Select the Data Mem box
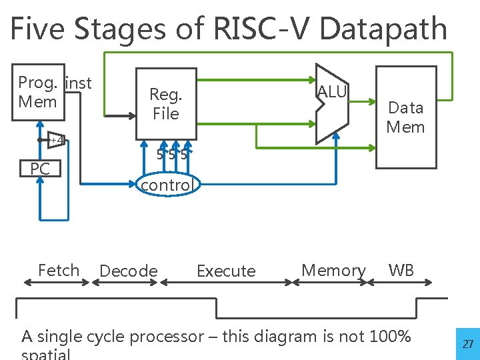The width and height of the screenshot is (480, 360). (406, 117)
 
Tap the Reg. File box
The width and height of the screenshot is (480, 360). (166, 104)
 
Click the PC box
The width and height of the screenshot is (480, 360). (40, 169)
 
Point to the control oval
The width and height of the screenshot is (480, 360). (166, 185)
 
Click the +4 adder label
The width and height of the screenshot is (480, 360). (58, 140)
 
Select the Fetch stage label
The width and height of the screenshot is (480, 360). (59, 270)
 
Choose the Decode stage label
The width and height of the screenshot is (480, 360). (128, 271)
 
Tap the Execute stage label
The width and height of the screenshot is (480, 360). (226, 271)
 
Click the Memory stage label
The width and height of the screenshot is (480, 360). (333, 270)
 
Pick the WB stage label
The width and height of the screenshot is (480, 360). (401, 270)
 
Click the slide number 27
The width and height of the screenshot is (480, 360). (468, 344)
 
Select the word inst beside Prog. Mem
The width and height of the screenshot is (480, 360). (79, 83)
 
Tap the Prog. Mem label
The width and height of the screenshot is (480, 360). (39, 92)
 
